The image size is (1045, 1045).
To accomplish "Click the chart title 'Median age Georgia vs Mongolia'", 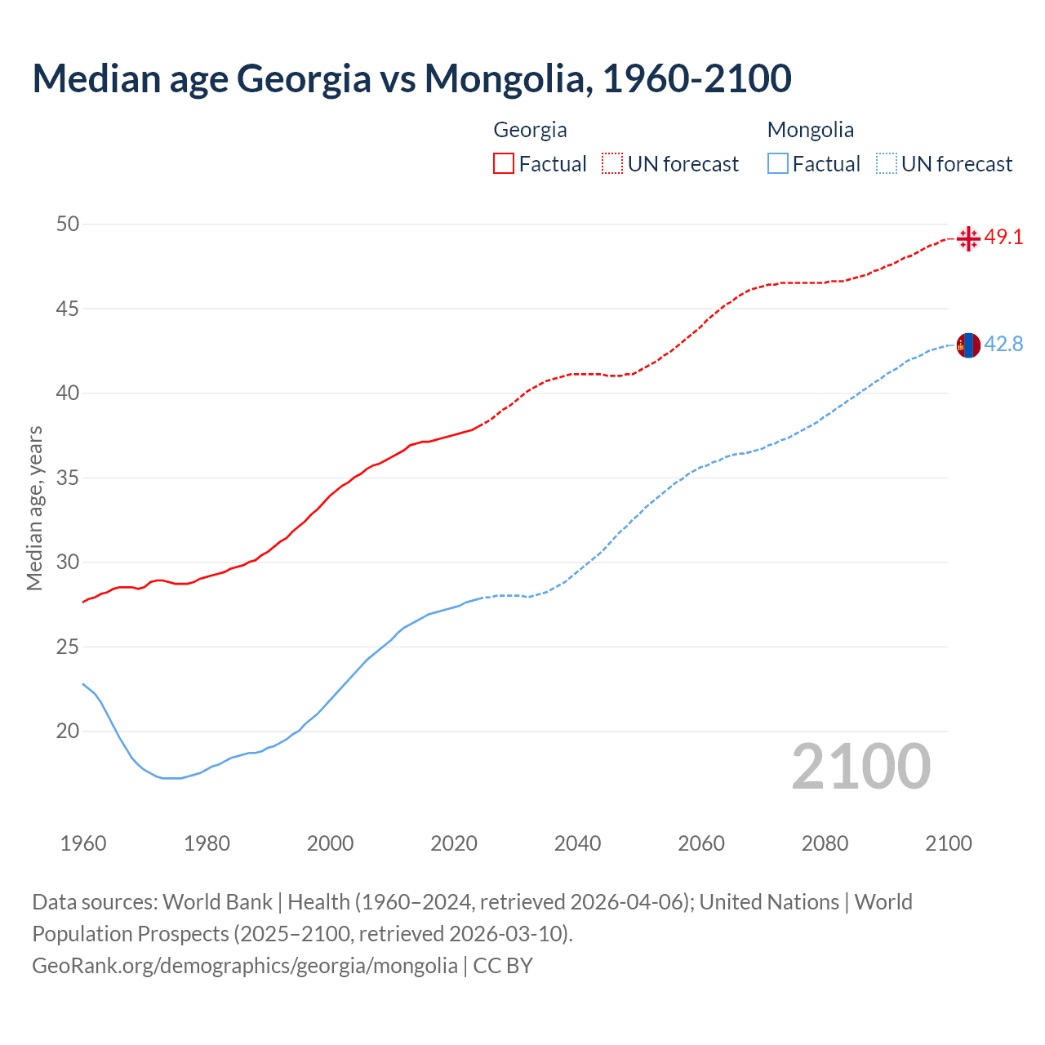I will coord(411,78).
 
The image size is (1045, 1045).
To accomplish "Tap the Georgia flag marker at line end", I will coord(968,238).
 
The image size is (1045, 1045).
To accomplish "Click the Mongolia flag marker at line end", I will coord(968,345).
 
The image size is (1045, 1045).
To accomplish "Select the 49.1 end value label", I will coord(1003,238).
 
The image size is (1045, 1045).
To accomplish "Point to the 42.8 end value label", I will coord(1003,345).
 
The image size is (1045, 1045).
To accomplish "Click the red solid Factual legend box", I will coord(504,164).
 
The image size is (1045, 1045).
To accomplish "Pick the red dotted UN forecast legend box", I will coord(612,164).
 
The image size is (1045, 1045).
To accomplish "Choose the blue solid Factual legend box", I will coord(778,164).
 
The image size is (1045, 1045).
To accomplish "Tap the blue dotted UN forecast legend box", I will coord(887,164).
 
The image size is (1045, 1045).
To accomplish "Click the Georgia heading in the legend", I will coord(530,130).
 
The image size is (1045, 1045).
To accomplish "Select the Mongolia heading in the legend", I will coord(810,130).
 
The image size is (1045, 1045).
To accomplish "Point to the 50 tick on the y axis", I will coord(68,224).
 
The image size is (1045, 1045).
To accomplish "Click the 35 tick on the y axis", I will coord(68,478).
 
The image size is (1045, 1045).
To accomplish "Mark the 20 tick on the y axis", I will coord(68,731).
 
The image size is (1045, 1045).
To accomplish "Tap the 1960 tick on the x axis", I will coord(83,843).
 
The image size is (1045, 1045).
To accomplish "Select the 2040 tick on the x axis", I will coord(577,843).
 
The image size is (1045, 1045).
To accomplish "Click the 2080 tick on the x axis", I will coord(825,843).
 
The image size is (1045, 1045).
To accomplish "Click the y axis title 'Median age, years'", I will coord(34,508).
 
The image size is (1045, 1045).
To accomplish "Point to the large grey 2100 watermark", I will coord(860,766).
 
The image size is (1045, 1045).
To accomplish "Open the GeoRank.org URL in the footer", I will coord(245,966).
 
